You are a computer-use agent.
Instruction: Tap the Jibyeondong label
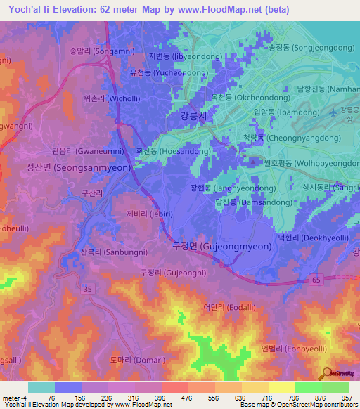tap(177, 56)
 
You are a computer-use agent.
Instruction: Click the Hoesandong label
tap(172, 150)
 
